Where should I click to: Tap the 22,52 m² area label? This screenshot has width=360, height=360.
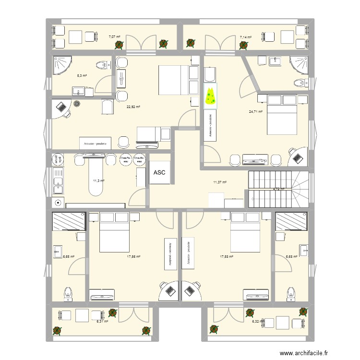pyautogui.click(x=133, y=108)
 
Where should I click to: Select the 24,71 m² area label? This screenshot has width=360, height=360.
pyautogui.click(x=256, y=112)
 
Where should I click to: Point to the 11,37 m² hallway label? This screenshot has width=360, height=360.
pyautogui.click(x=220, y=182)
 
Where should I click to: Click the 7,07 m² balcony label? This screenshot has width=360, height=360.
pyautogui.click(x=114, y=36)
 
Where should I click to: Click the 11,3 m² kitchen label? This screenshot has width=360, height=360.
pyautogui.click(x=99, y=181)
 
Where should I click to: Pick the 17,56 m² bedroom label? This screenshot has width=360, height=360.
pyautogui.click(x=133, y=257)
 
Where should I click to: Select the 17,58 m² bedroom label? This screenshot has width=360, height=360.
pyautogui.click(x=226, y=257)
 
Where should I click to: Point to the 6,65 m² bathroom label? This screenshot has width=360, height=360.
pyautogui.click(x=69, y=257)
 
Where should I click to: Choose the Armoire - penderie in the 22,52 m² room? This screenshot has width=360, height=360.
pyautogui.click(x=96, y=143)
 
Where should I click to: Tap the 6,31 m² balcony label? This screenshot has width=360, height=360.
pyautogui.click(x=102, y=322)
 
